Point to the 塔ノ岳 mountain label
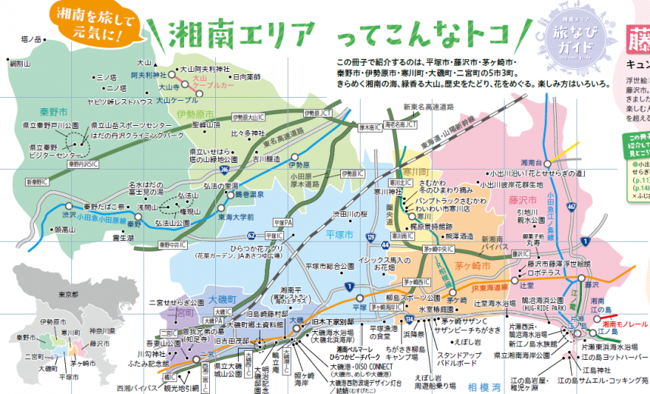[29, 38]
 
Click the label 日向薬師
[246, 77]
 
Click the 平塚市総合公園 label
[330, 267]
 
